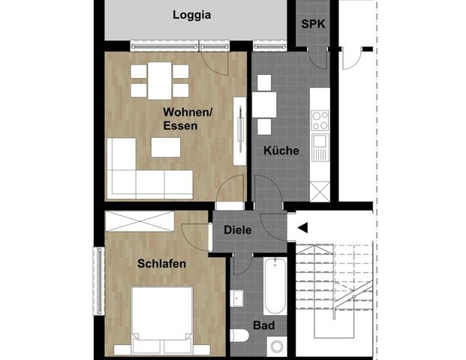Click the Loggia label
pos(191,14)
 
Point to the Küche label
pos(281,151)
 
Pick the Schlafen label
pos(161,264)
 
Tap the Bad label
pos(263,326)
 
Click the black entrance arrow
pos(302,227)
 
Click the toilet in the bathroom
pos(242,334)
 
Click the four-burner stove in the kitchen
pos(320,120)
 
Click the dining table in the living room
pos(159,80)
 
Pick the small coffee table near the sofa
pos(166,148)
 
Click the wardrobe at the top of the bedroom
pos(140,222)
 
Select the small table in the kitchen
pos(263,103)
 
